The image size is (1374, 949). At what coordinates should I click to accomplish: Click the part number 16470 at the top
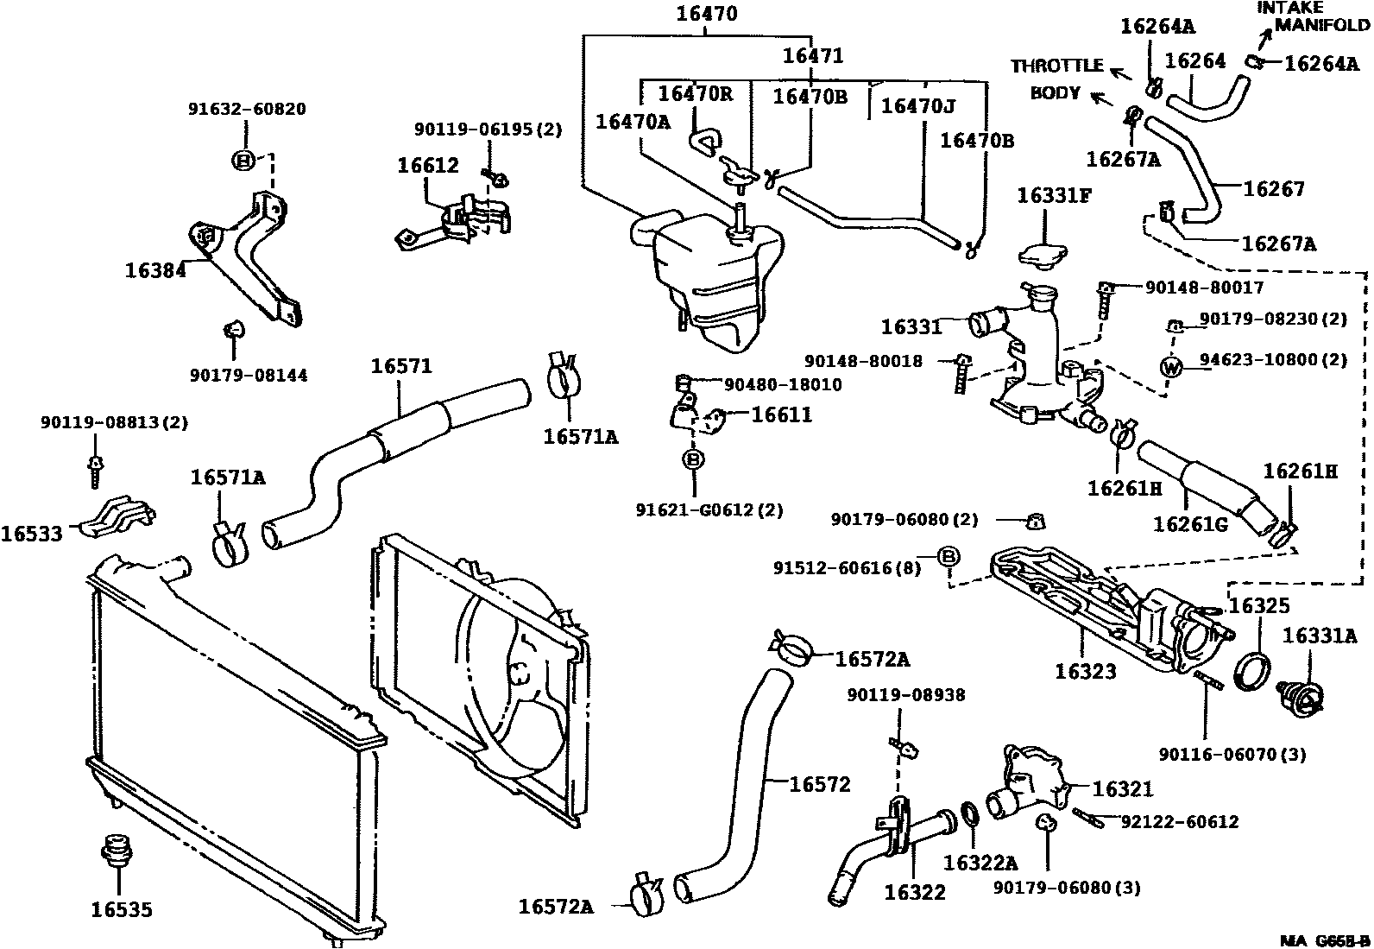(707, 14)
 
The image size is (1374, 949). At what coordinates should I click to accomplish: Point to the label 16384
(155, 270)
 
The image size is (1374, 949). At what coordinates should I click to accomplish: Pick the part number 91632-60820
(247, 109)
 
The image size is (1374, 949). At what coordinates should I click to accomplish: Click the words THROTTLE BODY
(1056, 79)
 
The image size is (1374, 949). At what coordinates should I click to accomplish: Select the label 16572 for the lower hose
(820, 784)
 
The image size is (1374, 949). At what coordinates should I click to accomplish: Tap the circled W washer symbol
(1171, 366)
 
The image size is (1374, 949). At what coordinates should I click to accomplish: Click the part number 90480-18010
(783, 384)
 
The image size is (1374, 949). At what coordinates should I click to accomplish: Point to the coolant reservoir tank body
(712, 276)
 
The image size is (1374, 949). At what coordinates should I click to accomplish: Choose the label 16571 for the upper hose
(401, 366)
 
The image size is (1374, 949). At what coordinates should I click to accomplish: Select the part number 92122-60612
(1180, 822)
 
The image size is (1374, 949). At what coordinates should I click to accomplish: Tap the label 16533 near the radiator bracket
(31, 534)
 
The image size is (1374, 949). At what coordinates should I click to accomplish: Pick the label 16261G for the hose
(1190, 524)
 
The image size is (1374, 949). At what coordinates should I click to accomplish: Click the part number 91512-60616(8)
(847, 567)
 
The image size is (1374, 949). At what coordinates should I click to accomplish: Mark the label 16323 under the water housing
(1085, 671)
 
